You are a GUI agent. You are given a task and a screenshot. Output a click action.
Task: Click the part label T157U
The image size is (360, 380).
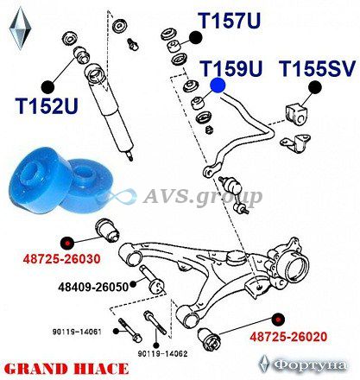[230, 21]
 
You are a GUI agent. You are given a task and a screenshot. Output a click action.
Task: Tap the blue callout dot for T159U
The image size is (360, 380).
[218, 85]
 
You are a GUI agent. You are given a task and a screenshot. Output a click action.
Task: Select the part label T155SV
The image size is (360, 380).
[317, 68]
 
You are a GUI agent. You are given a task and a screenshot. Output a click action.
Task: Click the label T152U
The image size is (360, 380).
[47, 105]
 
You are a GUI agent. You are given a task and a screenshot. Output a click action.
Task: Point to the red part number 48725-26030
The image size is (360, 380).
[62, 259]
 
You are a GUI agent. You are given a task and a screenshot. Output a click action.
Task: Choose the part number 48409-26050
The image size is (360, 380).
[93, 287]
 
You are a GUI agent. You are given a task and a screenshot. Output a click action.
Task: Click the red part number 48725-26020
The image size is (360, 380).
[288, 336]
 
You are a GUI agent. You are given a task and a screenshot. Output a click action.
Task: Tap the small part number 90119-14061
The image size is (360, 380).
[77, 332]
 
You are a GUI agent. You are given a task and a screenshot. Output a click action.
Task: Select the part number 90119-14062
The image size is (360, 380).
[162, 354]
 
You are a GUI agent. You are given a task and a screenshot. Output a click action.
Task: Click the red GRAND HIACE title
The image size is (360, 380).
[66, 369]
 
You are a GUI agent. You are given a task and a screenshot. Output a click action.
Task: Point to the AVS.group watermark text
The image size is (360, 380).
[202, 197]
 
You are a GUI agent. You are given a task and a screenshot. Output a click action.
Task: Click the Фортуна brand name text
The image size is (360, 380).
[310, 365]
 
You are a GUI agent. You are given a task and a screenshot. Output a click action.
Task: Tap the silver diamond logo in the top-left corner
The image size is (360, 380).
[20, 28]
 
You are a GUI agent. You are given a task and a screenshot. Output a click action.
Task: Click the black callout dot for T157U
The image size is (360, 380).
[195, 38]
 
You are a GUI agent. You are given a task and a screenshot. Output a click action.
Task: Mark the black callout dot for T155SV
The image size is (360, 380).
[315, 87]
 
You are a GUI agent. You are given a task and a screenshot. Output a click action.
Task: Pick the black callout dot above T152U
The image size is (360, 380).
[47, 87]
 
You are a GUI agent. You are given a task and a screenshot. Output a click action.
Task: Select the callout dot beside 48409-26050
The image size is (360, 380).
[133, 284]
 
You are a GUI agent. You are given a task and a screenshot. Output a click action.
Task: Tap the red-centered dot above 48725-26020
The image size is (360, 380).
[278, 320]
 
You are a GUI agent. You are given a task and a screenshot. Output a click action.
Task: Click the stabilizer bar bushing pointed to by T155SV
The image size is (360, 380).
[295, 115]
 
